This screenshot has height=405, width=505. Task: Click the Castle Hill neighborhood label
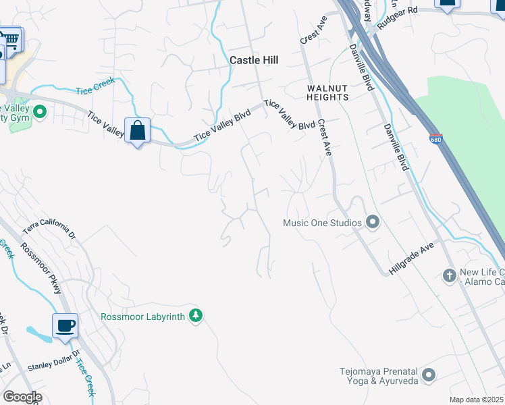[254, 60]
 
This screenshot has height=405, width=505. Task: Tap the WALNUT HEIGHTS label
[327, 92]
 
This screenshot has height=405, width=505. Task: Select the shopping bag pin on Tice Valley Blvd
[137, 130]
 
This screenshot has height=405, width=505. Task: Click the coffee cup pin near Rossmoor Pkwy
[65, 326]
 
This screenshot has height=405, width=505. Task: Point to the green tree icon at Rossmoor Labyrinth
[196, 316]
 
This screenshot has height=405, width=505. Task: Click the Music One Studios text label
[321, 222]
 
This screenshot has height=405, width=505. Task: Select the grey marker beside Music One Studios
[372, 221]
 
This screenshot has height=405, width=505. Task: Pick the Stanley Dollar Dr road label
[53, 360]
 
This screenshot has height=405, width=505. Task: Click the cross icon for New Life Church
[450, 275]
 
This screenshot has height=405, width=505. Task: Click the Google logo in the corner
[22, 397]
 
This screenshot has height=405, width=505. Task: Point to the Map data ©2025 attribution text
[476, 400]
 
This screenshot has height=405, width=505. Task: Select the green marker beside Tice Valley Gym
[40, 111]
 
